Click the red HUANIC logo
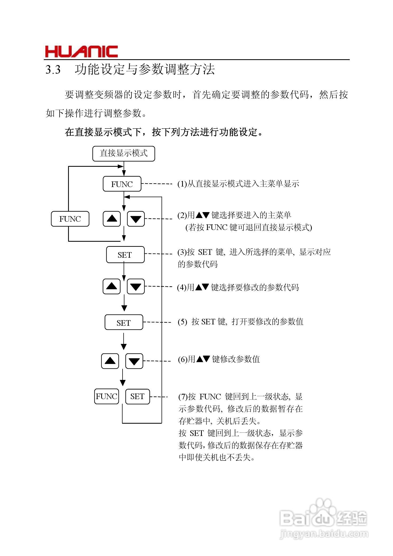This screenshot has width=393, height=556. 81,52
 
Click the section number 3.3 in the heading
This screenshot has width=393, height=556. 53,70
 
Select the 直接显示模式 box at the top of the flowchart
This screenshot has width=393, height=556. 124,153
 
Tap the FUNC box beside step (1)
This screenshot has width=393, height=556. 122,184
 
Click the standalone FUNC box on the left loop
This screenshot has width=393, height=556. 70,219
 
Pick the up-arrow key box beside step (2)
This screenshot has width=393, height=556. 112,219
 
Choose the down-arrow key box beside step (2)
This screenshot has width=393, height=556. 136,219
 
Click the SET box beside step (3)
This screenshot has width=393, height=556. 125,255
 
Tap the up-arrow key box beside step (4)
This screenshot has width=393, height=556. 112,287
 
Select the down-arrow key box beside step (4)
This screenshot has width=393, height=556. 136,287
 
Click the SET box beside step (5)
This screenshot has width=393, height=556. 124,323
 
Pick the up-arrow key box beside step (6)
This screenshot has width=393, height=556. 110,361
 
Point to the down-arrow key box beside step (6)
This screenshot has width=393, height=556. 134,361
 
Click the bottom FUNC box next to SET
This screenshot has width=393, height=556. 107,396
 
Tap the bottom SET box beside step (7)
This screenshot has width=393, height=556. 137,396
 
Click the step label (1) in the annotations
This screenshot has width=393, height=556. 182,184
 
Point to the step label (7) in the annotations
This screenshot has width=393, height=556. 183,397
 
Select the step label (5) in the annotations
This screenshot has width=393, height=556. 183,322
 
